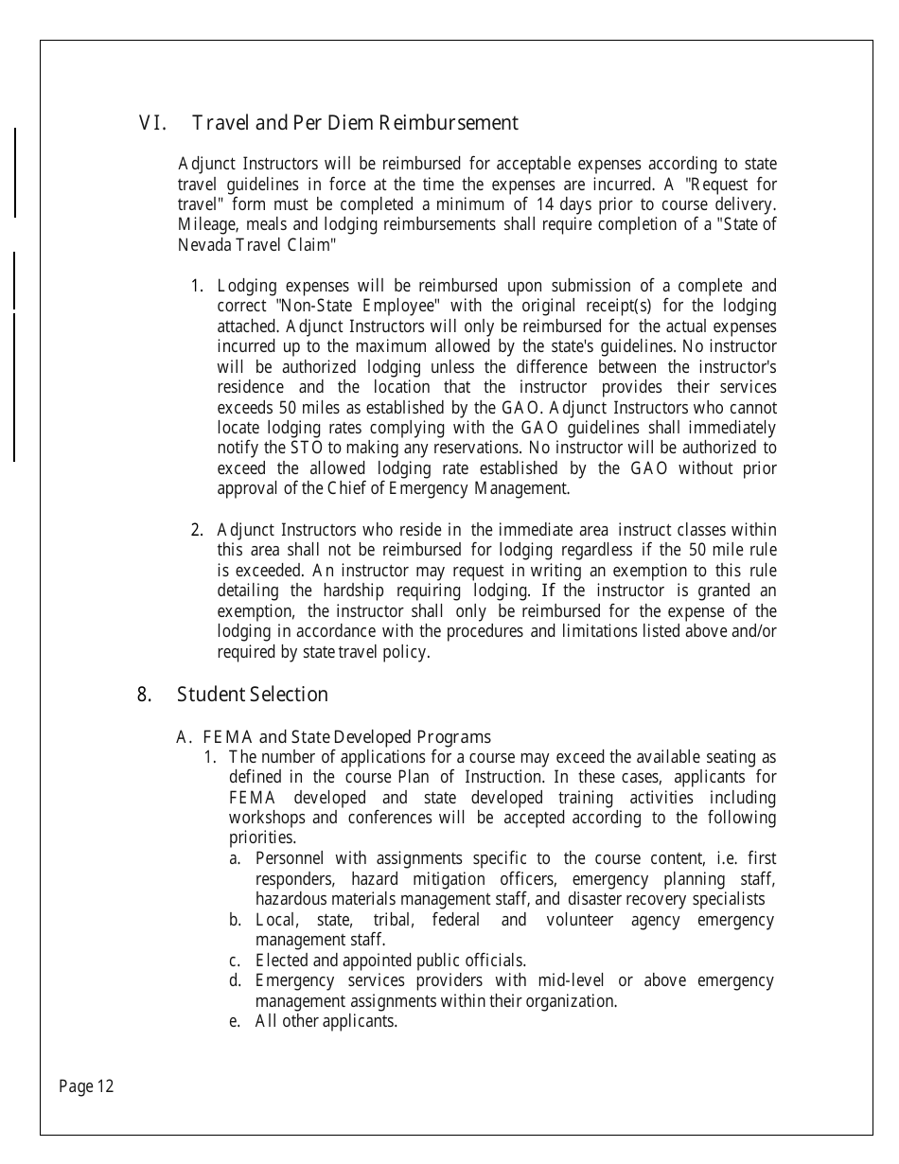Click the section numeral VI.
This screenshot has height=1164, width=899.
point(152,123)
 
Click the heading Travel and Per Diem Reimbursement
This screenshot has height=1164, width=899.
point(355,123)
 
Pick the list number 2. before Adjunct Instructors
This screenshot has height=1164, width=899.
point(198,530)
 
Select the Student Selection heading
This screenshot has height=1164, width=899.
point(252,695)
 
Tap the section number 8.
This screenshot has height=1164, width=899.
point(145,695)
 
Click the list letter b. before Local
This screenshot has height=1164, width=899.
point(235,920)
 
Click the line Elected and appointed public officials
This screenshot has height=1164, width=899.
point(390,961)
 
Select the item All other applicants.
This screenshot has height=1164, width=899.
point(326,1021)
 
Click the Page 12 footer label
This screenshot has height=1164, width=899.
point(86,1086)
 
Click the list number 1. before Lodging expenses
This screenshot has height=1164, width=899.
point(198,286)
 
